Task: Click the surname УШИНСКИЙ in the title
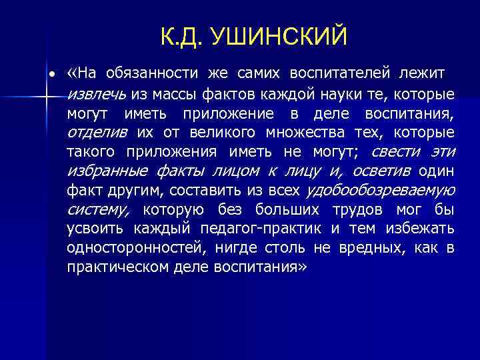[x=279, y=37]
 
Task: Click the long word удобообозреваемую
[x=380, y=191]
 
